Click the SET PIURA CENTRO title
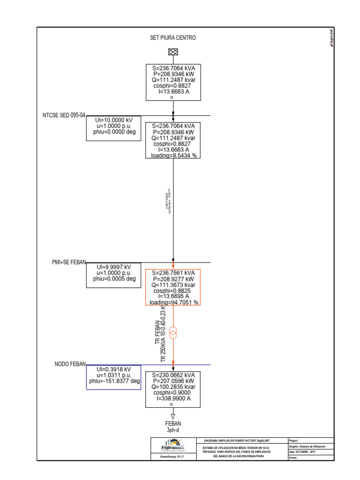point(170,37)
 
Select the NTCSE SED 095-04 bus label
point(63,115)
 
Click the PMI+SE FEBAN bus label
point(69,262)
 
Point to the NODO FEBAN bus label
point(70,364)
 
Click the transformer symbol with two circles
point(173,334)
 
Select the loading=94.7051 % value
point(174,302)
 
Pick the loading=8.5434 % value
point(174,155)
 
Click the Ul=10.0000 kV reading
point(112,120)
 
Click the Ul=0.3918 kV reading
point(112,369)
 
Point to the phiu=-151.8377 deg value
point(114,382)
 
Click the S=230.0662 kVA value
point(174,375)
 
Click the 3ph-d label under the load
point(173,429)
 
